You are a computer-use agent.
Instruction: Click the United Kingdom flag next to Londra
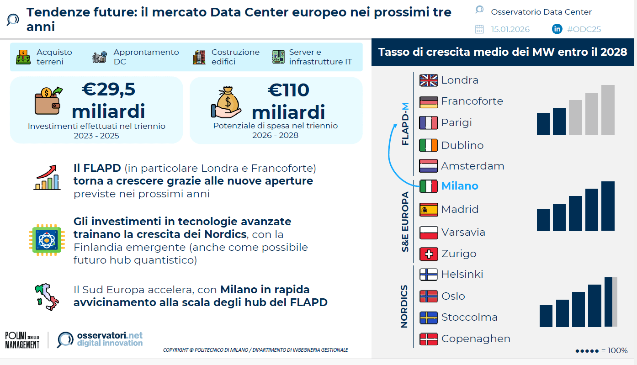pos(429,80)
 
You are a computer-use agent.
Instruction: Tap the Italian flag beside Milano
pos(429,186)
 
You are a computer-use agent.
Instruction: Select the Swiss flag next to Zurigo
pos(429,254)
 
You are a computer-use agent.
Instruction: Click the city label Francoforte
pos(472,101)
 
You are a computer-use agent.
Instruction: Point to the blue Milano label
pos(459,186)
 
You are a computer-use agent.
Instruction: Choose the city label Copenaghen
pos(475,339)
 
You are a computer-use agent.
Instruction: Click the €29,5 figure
pos(108,90)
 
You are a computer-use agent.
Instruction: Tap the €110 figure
pos(288,90)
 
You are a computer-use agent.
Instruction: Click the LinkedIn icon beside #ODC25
pos(557,29)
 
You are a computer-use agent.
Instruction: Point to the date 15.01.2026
pos(510,29)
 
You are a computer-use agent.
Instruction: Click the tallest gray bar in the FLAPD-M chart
pos(608,110)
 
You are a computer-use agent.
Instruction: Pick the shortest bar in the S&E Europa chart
pos(543,220)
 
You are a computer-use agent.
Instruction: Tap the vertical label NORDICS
pos(404,307)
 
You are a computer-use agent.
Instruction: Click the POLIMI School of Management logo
pos(22,340)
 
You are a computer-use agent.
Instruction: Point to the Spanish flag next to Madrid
pos(429,210)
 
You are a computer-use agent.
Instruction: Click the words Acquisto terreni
pos(54,57)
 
